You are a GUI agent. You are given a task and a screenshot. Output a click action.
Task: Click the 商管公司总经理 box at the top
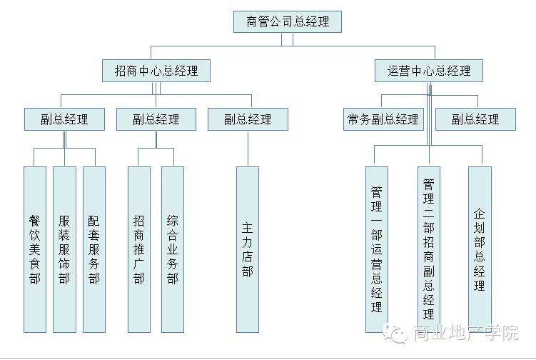288,21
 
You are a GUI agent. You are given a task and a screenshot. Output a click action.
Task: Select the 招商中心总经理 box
156,71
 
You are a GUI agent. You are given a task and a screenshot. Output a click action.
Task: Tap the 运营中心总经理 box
429,71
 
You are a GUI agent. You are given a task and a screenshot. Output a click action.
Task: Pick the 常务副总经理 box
383,119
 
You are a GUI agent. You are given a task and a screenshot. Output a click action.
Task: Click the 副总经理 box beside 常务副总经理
475,119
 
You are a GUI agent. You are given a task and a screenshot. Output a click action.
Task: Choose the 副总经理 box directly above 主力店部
248,119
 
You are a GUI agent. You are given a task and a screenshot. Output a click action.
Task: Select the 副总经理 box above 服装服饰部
64,119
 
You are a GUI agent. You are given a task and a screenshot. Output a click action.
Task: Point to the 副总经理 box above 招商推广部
156,119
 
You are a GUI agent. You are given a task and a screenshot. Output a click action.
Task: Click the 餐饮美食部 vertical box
34,249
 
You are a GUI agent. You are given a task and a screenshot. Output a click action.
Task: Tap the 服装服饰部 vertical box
64,249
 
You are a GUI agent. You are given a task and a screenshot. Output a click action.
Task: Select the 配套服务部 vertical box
94,249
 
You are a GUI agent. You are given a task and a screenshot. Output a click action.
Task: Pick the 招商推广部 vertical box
139,249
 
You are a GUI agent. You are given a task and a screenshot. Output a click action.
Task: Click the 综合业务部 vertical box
173,249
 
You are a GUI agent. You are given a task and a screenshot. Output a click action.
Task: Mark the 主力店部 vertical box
248,249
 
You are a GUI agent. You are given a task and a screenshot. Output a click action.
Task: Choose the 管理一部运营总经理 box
376,249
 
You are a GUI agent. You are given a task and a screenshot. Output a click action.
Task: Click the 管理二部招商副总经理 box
429,249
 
